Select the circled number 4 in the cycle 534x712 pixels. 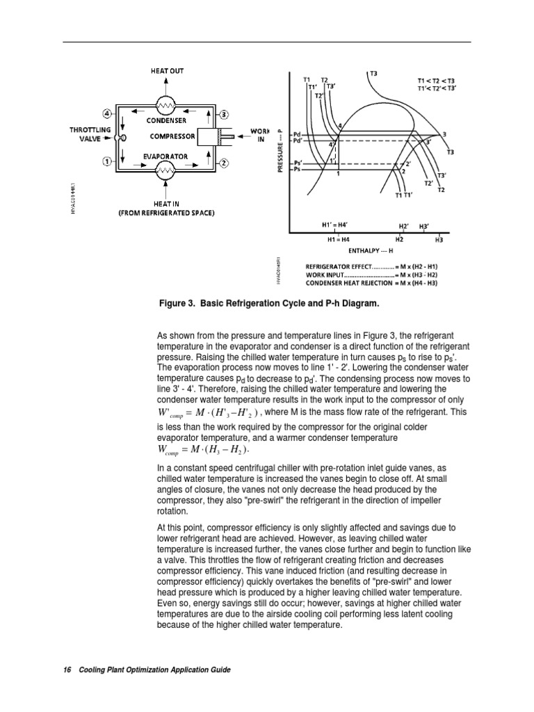[107, 113]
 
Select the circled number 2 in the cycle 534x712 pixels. [225, 163]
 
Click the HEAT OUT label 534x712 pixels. [168, 70]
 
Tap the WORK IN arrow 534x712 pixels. [238, 137]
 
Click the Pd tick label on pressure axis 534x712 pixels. [298, 133]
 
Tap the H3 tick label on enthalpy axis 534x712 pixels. [438, 241]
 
